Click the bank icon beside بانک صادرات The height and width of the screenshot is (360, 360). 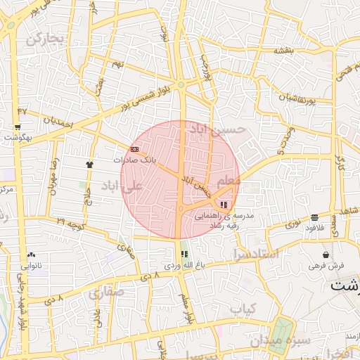134,149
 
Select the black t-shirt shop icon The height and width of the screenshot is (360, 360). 89,165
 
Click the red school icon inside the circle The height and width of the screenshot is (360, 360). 224,204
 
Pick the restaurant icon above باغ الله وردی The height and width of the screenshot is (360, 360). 184,254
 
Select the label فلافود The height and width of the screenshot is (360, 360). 314,229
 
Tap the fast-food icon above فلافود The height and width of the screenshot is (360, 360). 314,217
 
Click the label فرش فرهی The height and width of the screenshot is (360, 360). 326,266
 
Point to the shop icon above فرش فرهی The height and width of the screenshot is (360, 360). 326,255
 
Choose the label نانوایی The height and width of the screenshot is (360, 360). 31,266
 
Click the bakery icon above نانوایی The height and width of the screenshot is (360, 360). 31,255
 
